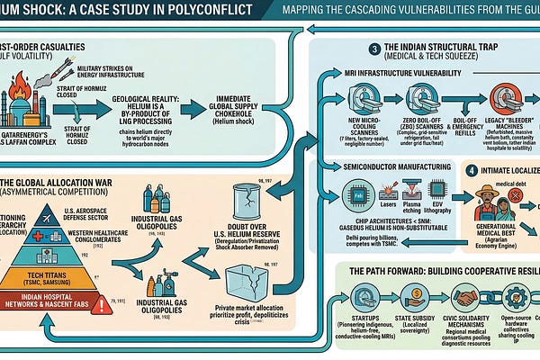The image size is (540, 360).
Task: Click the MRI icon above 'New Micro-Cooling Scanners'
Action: coord(363,97)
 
